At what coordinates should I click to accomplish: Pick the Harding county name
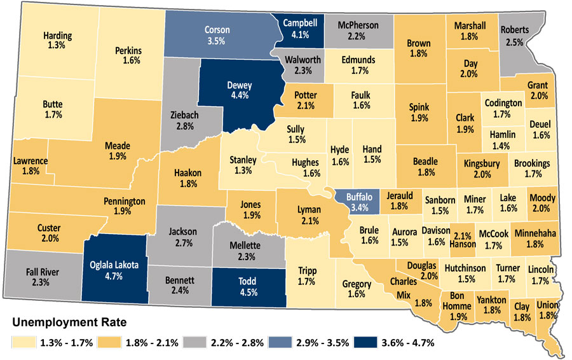58,36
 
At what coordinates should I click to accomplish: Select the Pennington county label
125,201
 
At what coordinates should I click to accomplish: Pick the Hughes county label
305,162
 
